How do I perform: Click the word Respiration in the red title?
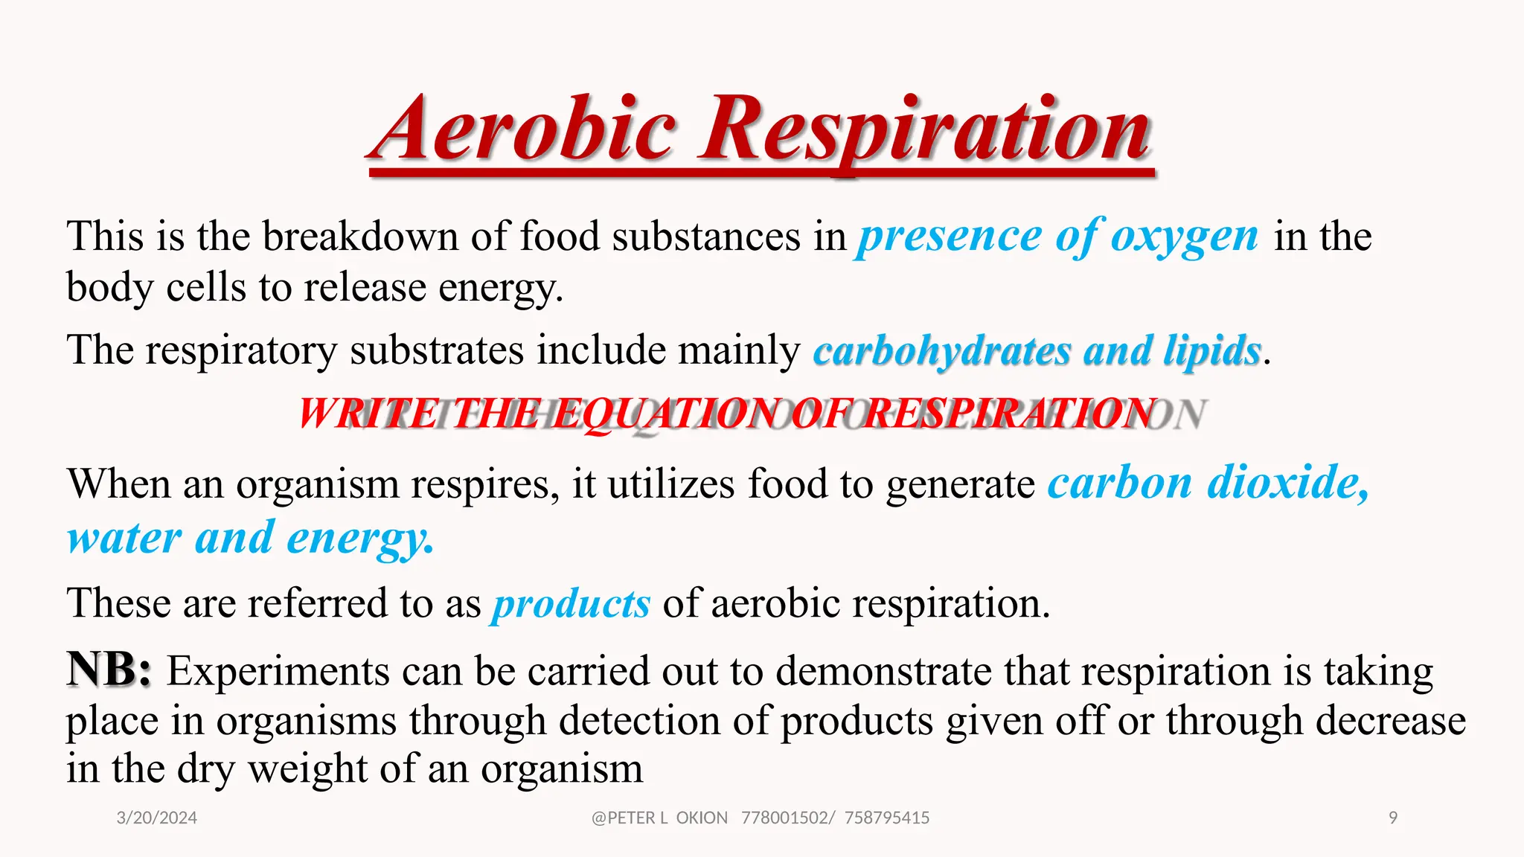coord(926,130)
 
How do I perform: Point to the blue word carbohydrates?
coord(941,351)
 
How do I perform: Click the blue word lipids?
coord(1213,351)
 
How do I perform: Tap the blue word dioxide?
coord(1287,484)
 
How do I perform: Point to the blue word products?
coord(571,603)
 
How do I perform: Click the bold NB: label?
coord(109,670)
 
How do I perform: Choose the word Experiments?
coord(278,672)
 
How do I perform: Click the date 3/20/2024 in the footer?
coord(157,818)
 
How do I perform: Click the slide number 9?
coord(1393,818)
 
